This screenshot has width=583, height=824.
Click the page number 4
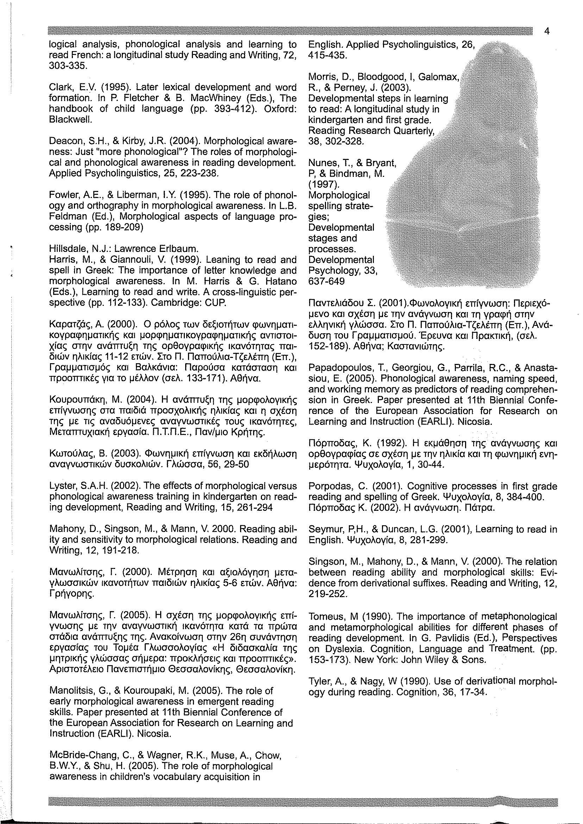pyautogui.click(x=547, y=32)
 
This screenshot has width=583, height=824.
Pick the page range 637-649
pyautogui.click(x=326, y=281)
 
